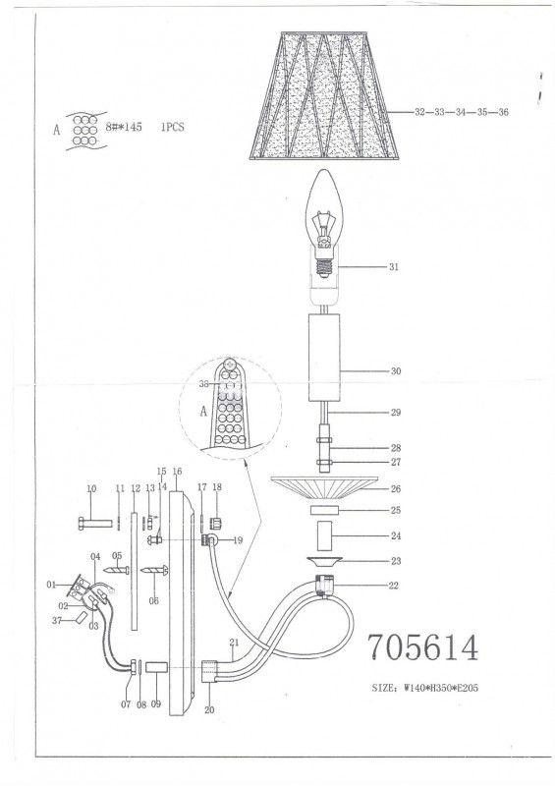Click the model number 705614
(423, 647)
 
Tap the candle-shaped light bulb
(324, 223)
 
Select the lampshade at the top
(324, 95)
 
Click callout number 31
(394, 266)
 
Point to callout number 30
(396, 371)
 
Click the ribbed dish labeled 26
(324, 486)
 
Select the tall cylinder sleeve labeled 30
(324, 358)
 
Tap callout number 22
(394, 586)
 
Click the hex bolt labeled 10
(95, 524)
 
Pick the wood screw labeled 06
(154, 570)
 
